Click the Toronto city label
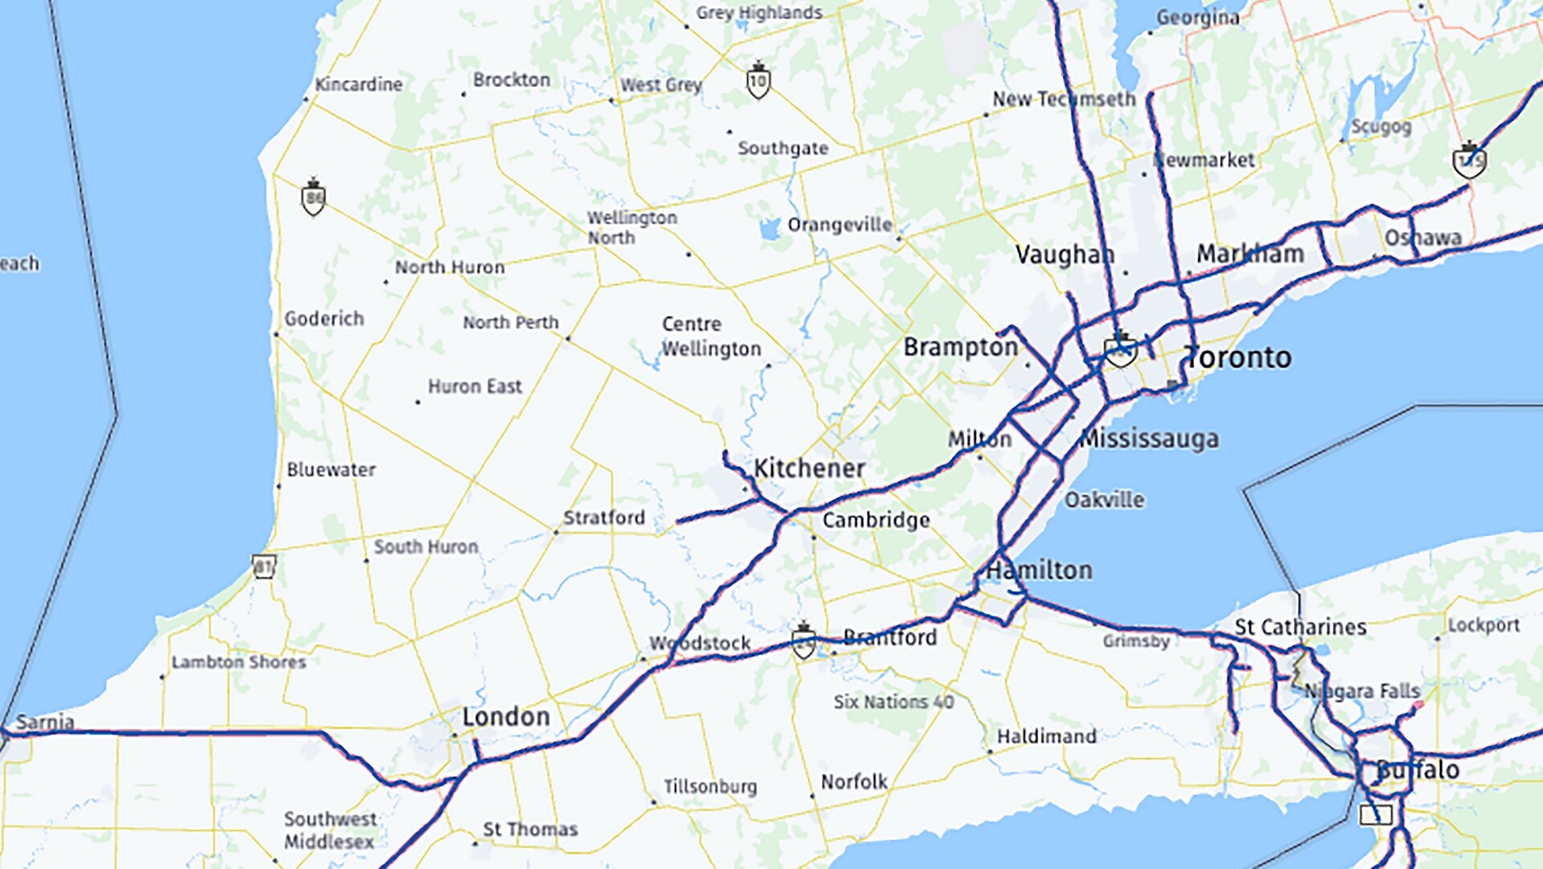1238,358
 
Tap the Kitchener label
809,469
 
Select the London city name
505,717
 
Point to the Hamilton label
1039,571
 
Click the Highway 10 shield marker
758,80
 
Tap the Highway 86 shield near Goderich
313,198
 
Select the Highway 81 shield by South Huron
264,566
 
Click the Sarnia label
45,722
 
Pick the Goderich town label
324,319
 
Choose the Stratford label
604,518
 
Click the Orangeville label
840,225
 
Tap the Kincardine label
358,84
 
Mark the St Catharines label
1300,627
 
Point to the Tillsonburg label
710,786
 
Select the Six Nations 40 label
894,702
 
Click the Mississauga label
1148,439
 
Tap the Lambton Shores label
239,662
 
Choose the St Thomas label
530,830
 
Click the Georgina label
1197,18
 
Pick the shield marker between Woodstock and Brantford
803,642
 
